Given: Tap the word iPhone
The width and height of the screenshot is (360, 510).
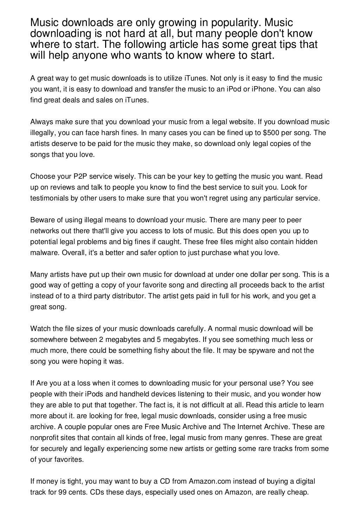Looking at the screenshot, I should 262,89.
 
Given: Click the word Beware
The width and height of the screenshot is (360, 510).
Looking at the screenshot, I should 41,220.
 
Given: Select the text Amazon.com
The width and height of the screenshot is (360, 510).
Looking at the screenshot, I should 210,482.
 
